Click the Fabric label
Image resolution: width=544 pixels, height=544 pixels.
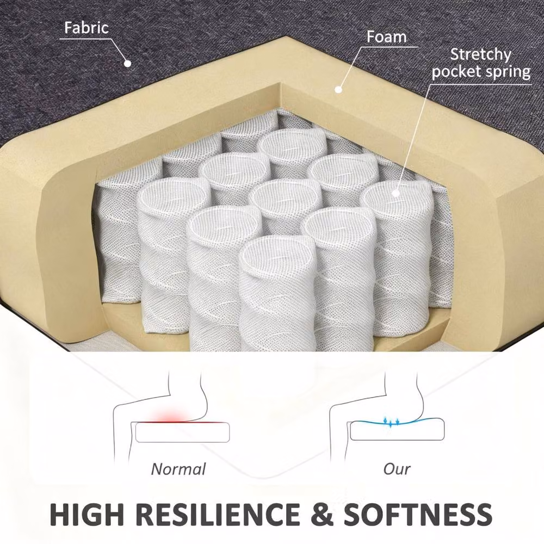[x=86, y=28]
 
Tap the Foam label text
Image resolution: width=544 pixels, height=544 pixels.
[x=386, y=37]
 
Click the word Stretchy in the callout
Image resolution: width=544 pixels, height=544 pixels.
[x=480, y=54]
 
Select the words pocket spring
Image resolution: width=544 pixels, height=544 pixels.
[x=481, y=72]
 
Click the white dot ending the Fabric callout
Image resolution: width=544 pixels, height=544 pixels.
[x=128, y=64]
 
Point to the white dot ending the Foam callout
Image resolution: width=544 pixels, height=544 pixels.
[x=338, y=90]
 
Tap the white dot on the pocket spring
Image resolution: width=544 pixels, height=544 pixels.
[x=395, y=193]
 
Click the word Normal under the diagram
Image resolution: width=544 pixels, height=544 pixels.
[x=178, y=469]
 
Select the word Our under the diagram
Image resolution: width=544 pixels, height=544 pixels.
[x=397, y=469]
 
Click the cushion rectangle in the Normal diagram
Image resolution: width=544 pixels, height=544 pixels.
[x=182, y=432]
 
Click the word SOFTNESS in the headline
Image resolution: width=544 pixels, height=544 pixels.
[x=418, y=514]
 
